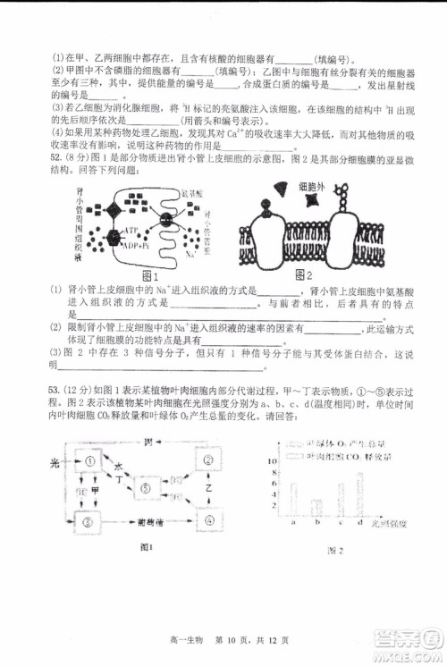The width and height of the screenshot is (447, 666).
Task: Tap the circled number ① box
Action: tap(89, 461)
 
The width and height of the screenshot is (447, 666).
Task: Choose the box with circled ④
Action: tap(208, 518)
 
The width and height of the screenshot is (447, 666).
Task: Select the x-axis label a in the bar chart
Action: tap(294, 523)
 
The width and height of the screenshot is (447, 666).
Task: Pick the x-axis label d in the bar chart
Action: tap(359, 523)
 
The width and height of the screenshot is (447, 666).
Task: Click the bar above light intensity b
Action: tap(315, 506)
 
